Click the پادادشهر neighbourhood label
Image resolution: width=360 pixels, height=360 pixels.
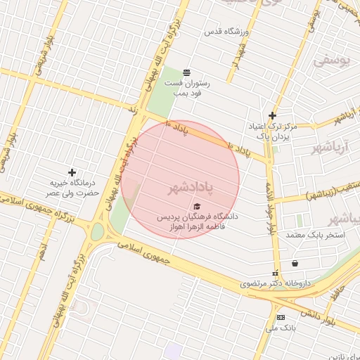190,188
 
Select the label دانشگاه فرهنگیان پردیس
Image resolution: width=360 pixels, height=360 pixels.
197,217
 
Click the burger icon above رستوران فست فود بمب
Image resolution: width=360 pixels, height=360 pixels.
186,72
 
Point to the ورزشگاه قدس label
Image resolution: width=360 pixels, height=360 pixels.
224,32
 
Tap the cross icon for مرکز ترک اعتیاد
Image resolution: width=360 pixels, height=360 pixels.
272,116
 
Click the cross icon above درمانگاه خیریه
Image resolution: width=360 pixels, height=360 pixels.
72,172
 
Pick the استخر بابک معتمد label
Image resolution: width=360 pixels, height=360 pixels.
316,234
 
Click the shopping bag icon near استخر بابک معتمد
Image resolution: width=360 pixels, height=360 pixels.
295,264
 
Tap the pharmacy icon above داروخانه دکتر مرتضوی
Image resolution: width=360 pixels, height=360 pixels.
275,274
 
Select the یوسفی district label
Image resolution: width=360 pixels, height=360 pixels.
330,61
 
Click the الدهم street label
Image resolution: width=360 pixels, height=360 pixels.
44,251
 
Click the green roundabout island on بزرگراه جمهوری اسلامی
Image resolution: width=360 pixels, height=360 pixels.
98,231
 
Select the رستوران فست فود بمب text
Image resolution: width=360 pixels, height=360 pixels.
184,88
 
